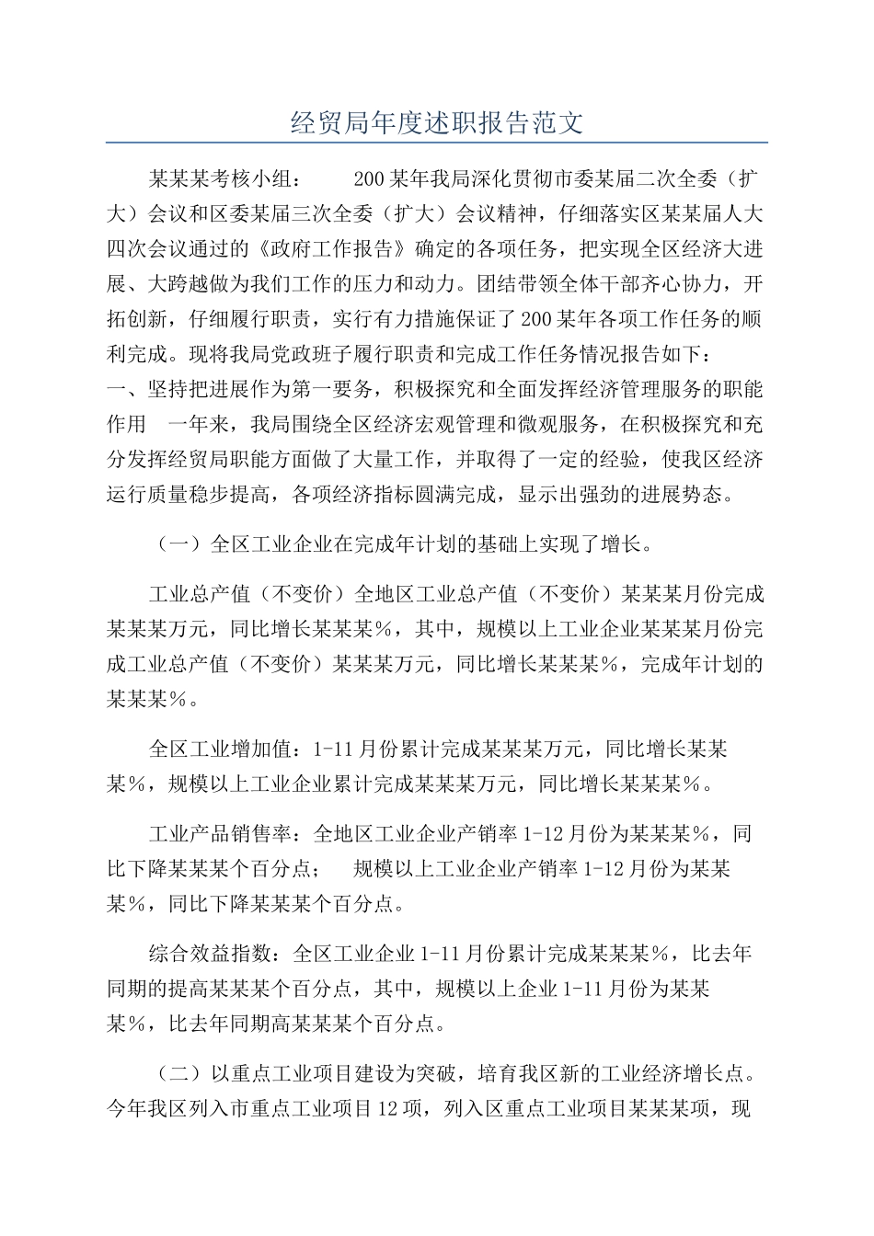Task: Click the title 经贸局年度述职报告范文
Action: coord(437,122)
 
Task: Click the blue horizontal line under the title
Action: coord(437,143)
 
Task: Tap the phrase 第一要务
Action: coord(333,389)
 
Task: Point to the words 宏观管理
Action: coord(537,424)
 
